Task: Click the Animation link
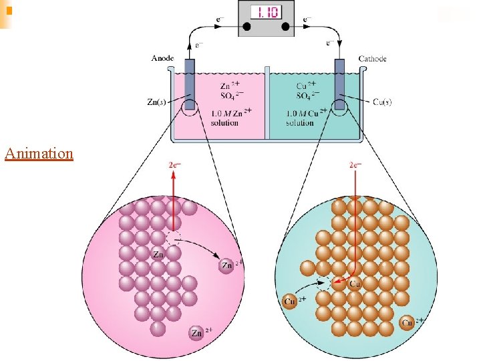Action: tap(38, 154)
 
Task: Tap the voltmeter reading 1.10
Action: tap(266, 12)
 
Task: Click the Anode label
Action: tap(162, 59)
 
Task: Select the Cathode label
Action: tap(372, 59)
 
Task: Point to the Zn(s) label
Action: tap(158, 102)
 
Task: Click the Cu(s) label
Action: tap(381, 102)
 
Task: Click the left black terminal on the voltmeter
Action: tap(246, 27)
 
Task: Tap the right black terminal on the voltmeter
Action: tap(286, 27)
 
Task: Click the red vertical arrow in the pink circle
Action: tap(173, 201)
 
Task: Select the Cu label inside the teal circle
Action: tap(355, 285)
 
